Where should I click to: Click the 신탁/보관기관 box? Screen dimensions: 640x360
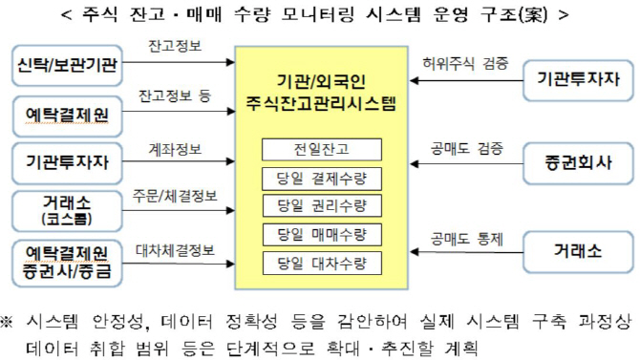point(68,65)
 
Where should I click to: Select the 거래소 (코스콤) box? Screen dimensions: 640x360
point(68,211)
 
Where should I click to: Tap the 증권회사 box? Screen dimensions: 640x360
point(578,163)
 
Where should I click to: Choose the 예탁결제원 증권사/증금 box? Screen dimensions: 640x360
point(68,264)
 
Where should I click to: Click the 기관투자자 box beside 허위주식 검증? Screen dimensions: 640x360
point(578,80)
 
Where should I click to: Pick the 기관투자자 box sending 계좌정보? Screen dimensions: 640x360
point(68,162)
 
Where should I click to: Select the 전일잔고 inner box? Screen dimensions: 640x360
point(322,149)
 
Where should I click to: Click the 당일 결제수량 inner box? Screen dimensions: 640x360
point(322,179)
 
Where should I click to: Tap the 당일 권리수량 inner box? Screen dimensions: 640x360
point(322,205)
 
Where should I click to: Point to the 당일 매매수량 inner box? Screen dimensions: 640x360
point(322,234)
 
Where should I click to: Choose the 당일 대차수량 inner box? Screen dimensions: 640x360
point(322,264)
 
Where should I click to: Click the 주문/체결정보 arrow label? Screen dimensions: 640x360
point(175,197)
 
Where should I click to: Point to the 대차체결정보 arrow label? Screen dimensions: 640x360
point(175,250)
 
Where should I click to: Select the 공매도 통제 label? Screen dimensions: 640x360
point(466,239)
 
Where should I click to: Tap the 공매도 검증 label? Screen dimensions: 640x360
point(466,149)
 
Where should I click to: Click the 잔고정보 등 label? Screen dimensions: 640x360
point(175,95)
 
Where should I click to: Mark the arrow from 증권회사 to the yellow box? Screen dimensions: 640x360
point(466,164)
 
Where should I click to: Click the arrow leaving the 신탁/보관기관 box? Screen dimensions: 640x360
point(179,62)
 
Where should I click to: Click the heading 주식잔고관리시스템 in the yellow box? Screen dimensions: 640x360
point(321,103)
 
